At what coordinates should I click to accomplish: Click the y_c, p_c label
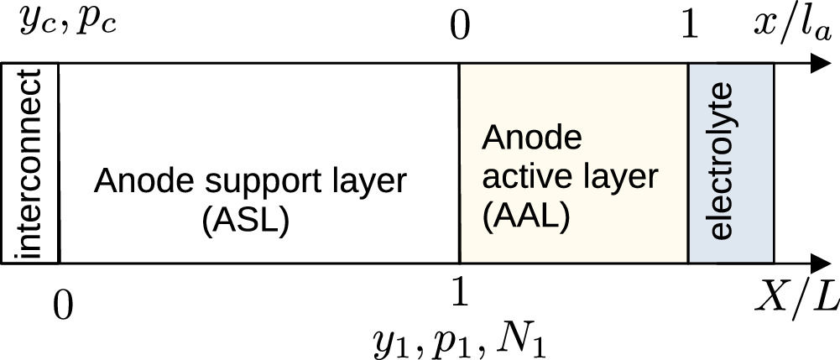point(66,23)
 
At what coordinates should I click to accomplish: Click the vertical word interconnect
point(29,163)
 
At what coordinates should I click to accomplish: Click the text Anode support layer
point(250,181)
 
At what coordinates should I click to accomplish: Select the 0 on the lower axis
point(60,304)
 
